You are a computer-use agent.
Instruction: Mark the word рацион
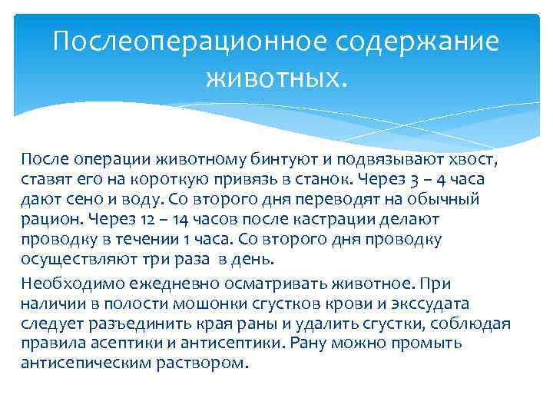[x=48, y=219]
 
